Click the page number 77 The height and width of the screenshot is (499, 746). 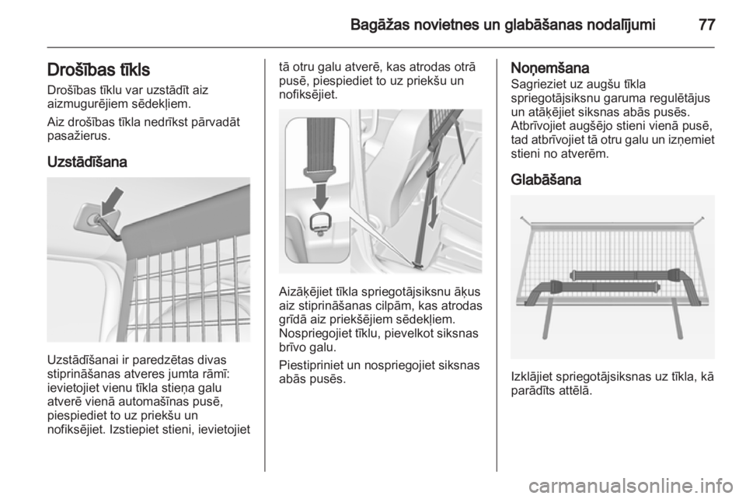(706, 24)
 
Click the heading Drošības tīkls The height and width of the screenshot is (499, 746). (99, 70)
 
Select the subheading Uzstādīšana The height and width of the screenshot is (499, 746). (87, 162)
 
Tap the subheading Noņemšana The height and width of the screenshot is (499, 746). (549, 68)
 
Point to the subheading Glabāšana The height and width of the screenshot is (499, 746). (546, 180)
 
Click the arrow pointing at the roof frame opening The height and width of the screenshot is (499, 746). (113, 201)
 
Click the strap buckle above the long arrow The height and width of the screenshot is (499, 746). (431, 167)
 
